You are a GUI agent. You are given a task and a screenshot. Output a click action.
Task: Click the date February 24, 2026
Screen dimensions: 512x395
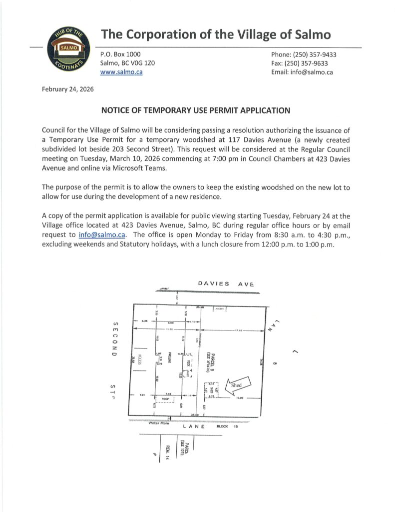click(x=64, y=89)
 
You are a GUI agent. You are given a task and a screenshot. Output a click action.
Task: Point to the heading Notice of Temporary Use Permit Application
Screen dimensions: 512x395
click(x=195, y=110)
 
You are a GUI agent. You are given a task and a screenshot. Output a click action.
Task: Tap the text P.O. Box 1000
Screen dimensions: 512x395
click(x=120, y=54)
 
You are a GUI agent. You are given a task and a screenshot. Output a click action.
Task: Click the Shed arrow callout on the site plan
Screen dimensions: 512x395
click(x=238, y=385)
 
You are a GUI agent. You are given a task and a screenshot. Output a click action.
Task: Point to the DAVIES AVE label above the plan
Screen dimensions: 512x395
click(x=226, y=284)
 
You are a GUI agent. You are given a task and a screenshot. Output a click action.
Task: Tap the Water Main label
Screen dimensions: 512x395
click(x=160, y=423)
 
